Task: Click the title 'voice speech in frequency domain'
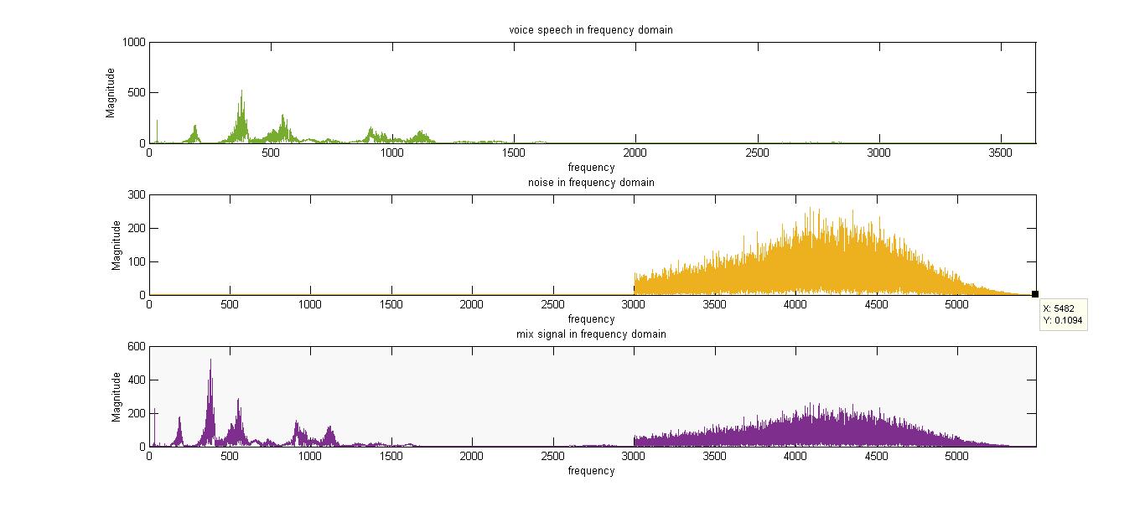[591, 30]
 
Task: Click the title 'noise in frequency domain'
[591, 183]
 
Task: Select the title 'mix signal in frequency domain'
[591, 334]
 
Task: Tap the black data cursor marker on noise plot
[1035, 294]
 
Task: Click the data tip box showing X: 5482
[1063, 314]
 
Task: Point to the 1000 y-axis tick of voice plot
[134, 42]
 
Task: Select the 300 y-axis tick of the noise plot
[137, 194]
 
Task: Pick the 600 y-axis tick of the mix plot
[137, 346]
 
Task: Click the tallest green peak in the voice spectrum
[242, 92]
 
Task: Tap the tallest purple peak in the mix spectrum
[210, 361]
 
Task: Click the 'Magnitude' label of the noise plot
[117, 245]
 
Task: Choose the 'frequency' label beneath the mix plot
[591, 471]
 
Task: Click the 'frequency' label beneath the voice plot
[591, 168]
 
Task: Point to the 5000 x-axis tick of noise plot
[956, 305]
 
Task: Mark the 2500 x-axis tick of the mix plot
[553, 457]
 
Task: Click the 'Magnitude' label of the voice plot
[111, 92]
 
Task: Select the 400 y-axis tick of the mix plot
[137, 380]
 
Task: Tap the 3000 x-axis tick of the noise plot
[634, 305]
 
